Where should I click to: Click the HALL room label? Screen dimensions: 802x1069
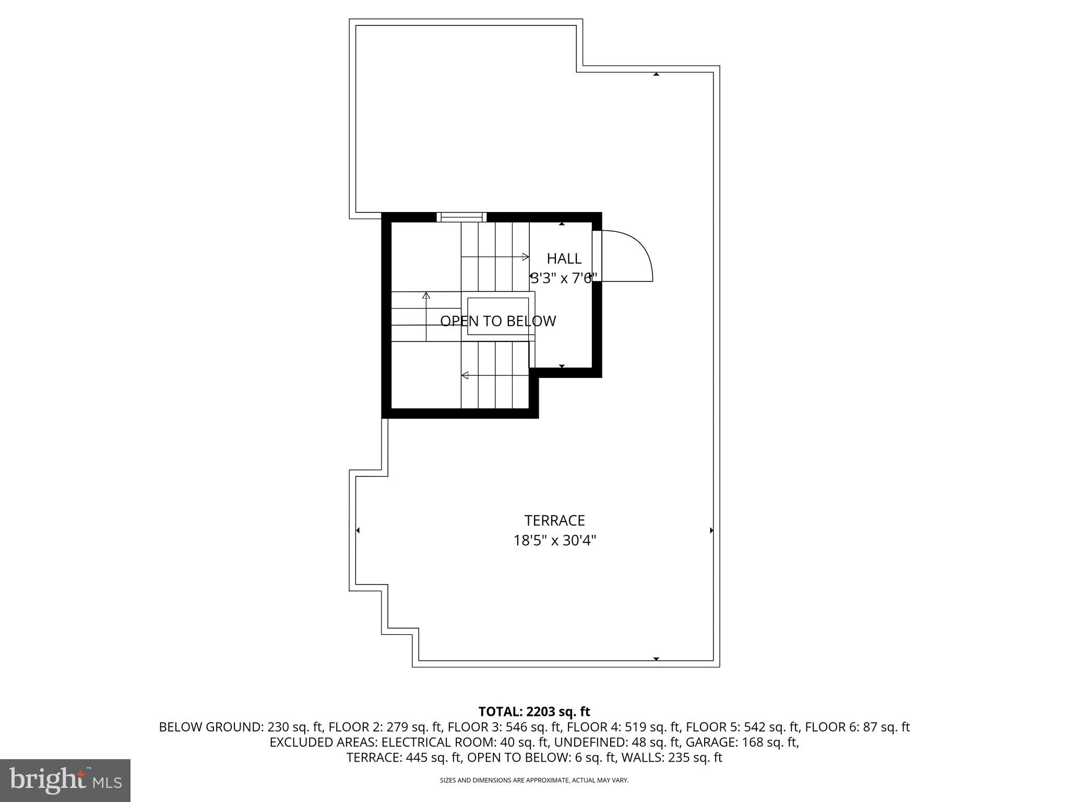564,258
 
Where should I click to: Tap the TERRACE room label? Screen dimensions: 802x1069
554,521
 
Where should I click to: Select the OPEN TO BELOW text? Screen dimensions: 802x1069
498,321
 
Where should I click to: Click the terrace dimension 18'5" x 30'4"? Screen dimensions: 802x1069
554,540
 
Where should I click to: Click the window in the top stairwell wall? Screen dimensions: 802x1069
461,217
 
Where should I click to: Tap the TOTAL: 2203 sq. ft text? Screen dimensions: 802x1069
534,712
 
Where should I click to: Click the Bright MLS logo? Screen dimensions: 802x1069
65,780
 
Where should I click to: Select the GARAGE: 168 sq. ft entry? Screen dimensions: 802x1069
741,742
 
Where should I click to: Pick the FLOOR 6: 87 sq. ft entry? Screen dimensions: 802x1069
857,727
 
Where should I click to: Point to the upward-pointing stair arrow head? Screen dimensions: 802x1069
426,296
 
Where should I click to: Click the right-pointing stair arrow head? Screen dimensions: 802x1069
526,256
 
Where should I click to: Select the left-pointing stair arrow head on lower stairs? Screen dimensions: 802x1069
465,375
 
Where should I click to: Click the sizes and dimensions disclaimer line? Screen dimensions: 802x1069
534,780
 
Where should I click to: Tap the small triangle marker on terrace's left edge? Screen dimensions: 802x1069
358,530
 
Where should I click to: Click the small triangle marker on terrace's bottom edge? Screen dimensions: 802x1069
656,659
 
